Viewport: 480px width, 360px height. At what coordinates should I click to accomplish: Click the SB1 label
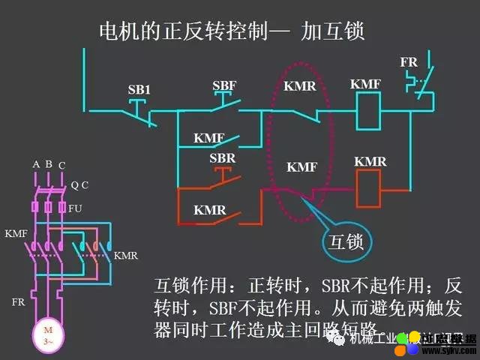139,90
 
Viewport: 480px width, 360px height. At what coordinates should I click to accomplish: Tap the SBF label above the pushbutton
223,85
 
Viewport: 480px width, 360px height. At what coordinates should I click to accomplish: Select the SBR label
222,158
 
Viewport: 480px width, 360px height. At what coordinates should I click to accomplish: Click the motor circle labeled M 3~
48,334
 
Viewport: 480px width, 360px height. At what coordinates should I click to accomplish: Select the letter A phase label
35,164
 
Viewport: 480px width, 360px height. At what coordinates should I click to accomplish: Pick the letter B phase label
48,164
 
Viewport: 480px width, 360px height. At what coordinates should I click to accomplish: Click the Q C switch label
79,184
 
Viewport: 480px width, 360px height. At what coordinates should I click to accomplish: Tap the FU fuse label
75,208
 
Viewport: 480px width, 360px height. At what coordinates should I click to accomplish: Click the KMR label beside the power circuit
125,256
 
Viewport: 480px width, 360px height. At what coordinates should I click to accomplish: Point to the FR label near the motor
18,302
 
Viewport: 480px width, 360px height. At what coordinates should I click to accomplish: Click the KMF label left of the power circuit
16,234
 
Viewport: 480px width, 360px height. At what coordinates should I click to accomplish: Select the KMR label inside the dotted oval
300,87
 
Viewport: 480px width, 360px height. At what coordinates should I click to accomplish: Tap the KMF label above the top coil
365,85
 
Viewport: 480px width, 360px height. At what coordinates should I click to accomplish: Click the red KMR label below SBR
209,210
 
